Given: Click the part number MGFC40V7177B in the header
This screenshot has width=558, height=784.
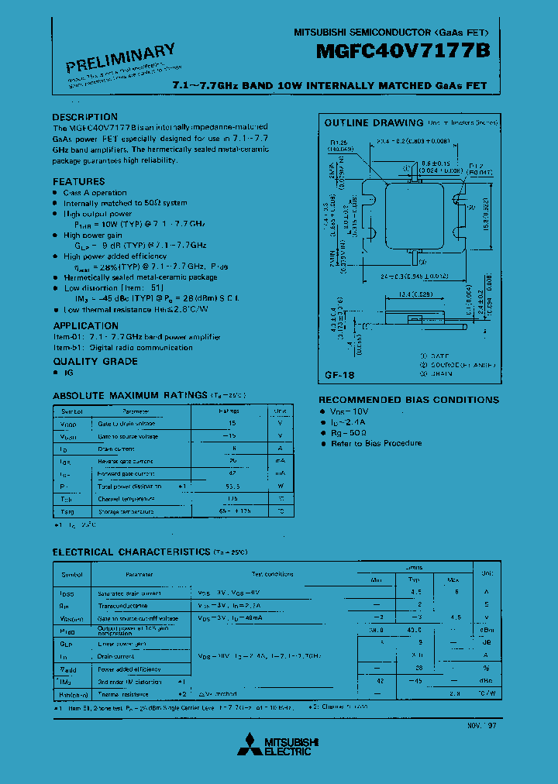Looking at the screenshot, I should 402,53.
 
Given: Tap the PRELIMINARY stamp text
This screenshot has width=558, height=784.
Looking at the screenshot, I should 120,59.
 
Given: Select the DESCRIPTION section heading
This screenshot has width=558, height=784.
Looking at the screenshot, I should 84,117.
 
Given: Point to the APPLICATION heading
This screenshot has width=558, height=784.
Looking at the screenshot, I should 85,326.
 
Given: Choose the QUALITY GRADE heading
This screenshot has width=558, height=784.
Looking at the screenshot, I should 95,361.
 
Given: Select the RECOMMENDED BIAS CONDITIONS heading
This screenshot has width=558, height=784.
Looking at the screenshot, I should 408,400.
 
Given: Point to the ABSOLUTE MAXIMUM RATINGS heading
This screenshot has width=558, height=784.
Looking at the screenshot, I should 129,395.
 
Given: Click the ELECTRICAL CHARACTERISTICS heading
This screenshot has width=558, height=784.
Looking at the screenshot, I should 130,552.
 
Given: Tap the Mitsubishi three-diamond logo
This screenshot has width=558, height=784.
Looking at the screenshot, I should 249,744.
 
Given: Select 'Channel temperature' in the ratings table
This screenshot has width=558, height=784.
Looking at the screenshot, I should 126,499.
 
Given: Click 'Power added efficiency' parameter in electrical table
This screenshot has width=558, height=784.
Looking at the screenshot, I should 129,669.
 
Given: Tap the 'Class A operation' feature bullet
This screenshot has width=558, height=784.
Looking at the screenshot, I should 95,193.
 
